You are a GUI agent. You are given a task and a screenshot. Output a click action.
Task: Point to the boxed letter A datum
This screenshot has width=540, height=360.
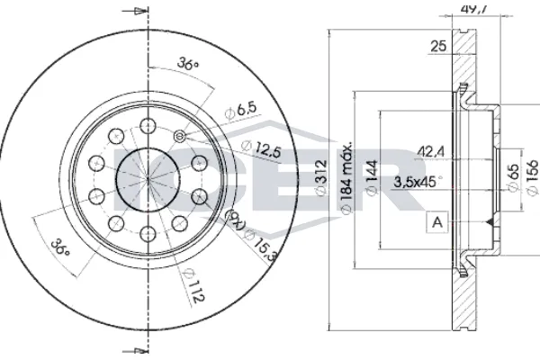click(437, 221)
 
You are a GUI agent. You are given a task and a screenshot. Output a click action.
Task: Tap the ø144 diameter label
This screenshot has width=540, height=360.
click(370, 179)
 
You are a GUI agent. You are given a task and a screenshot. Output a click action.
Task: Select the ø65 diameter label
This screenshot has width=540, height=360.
click(511, 175)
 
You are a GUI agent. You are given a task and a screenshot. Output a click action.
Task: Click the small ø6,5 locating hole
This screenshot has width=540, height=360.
click(178, 136)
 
